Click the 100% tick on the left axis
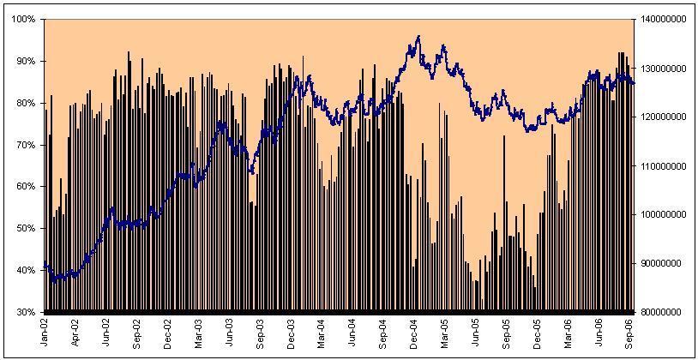(24, 19)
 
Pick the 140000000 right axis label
(665, 19)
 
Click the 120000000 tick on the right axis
(665, 117)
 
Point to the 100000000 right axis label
(665, 214)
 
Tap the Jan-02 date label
(45, 330)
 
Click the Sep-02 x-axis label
(137, 330)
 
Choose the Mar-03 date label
(199, 330)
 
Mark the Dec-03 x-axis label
(292, 330)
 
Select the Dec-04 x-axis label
(414, 330)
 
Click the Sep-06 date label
(629, 330)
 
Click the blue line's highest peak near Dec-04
(418, 36)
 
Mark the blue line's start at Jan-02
(45, 262)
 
